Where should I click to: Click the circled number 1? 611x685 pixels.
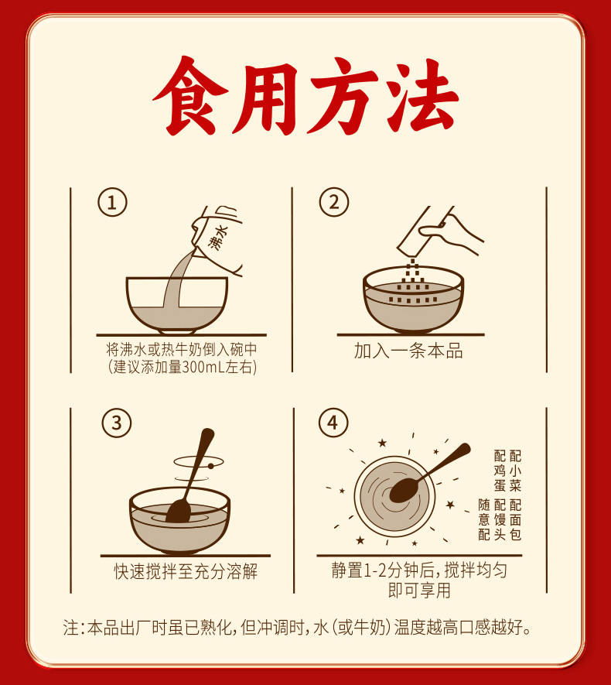pos(112,202)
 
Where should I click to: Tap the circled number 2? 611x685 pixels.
pos(334,202)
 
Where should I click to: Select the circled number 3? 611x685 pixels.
pos(117,423)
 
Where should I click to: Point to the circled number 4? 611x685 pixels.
pos(333,423)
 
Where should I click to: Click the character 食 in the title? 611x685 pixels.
pos(191,96)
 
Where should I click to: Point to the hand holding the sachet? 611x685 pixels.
pos(449,231)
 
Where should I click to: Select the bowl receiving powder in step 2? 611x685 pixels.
pos(413,300)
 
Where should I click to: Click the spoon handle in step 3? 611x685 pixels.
pos(199,463)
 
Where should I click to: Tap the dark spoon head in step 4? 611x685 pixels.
pos(403,489)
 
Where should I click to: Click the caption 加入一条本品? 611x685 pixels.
pos(408,351)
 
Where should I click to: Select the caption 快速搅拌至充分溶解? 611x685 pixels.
pos(186,571)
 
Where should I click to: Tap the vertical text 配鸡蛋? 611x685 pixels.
pos(500,471)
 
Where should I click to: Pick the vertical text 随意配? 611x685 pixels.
pos(484,519)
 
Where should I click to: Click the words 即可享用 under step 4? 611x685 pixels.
pos(419,591)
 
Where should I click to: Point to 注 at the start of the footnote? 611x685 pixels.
pos(70,628)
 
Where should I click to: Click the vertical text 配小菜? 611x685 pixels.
pos(515,471)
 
